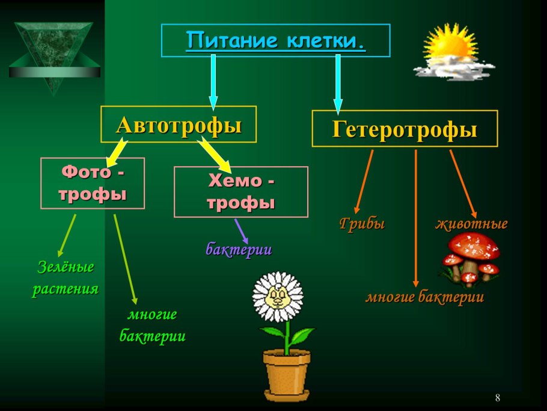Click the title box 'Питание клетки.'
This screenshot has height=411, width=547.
point(275,41)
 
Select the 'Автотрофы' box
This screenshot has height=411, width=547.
point(179,125)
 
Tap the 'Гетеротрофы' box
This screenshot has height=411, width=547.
point(405,129)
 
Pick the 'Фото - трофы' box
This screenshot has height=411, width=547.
point(93,183)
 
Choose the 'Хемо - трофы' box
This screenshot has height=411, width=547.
point(240,191)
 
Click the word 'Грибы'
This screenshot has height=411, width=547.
point(362,224)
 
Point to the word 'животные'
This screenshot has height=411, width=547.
point(471,224)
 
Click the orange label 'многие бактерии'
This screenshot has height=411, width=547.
point(424,297)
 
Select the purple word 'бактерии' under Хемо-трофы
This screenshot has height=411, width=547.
point(239,249)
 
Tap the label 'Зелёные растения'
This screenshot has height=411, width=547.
point(65,277)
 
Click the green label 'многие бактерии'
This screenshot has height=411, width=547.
point(152,326)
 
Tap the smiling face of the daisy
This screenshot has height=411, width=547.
point(277,296)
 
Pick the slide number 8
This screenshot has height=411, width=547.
point(498,398)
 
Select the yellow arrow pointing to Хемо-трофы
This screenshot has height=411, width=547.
point(216,154)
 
